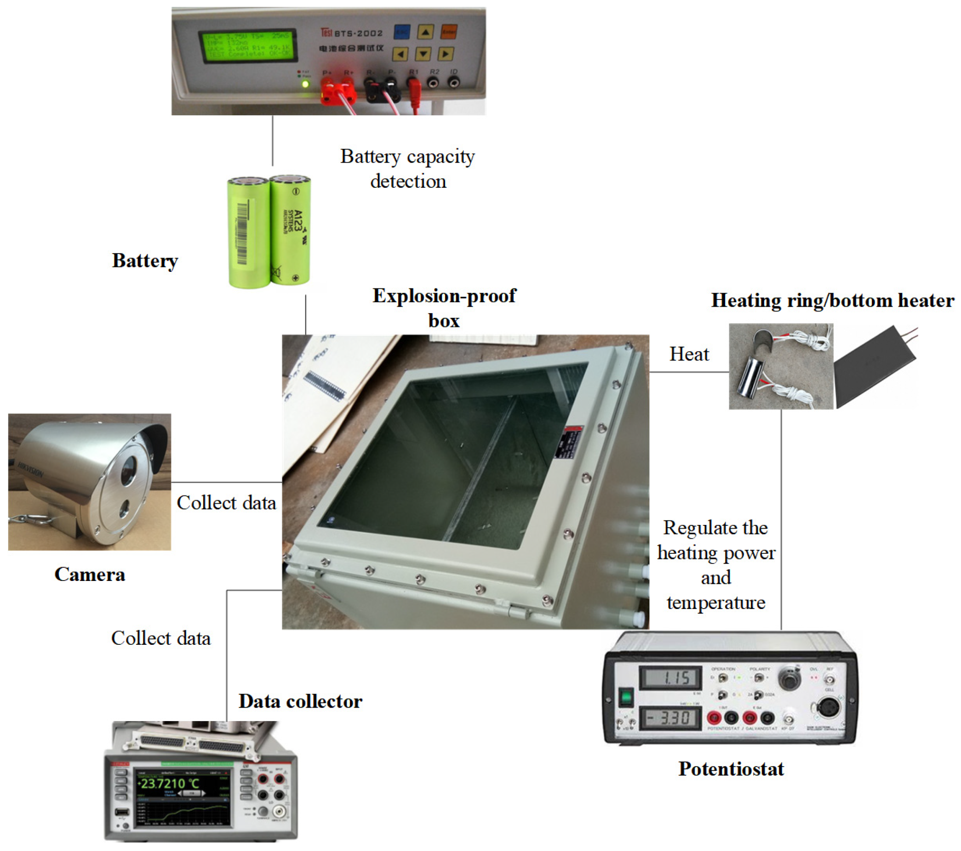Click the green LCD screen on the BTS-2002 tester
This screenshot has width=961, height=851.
(x=247, y=46)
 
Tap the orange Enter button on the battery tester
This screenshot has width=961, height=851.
(x=448, y=32)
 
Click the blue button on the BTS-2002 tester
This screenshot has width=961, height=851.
(x=402, y=32)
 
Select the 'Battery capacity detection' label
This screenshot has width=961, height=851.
(x=408, y=169)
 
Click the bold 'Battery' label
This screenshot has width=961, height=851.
(x=145, y=261)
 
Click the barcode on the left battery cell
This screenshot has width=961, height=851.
(x=243, y=232)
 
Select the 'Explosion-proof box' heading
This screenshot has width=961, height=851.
(x=444, y=308)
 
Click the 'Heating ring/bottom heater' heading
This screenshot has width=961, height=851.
(x=832, y=300)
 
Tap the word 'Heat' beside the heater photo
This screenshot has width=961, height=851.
(x=689, y=355)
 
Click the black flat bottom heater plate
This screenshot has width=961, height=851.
(x=875, y=366)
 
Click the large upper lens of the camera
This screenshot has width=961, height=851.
(x=128, y=471)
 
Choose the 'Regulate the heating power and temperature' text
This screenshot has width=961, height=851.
(x=715, y=565)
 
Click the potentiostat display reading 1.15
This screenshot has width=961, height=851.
(x=671, y=678)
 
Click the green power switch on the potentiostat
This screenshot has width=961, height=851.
(x=625, y=697)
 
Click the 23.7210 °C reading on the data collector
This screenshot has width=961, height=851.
(x=168, y=783)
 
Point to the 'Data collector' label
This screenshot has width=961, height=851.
(x=300, y=702)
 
